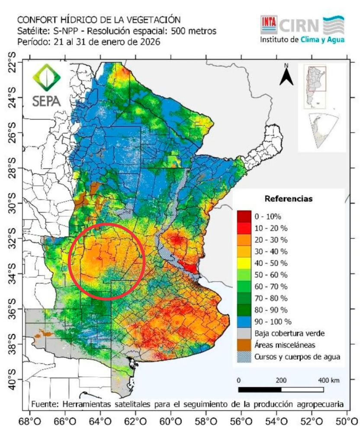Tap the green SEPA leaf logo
click(46, 78)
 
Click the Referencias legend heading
click(288, 199)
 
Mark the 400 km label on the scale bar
click(328, 380)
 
